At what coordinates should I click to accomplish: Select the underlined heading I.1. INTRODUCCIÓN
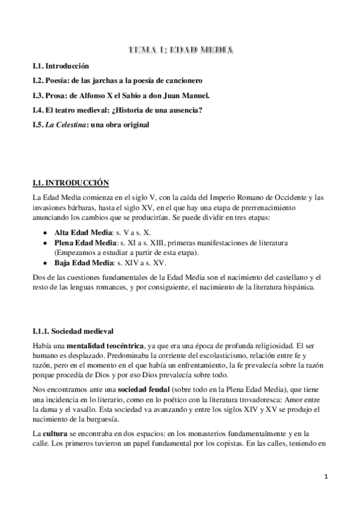(x=71, y=182)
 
